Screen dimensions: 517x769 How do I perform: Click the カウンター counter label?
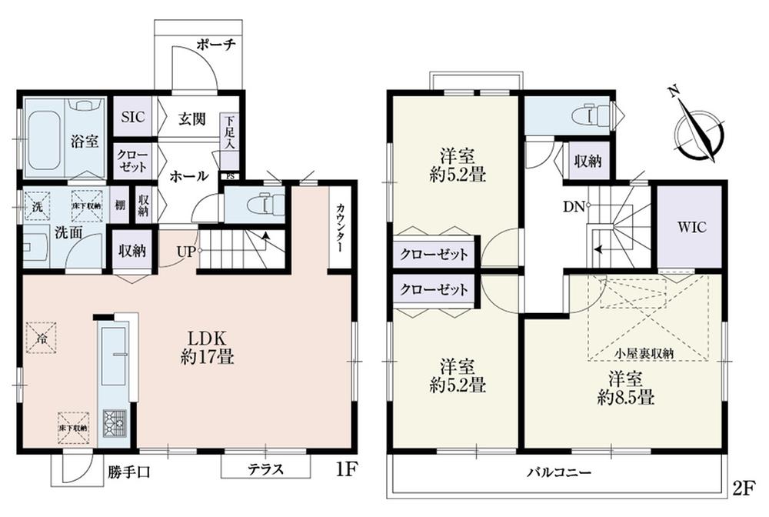pyautogui.click(x=339, y=229)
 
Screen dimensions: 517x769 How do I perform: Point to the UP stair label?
pyautogui.click(x=185, y=251)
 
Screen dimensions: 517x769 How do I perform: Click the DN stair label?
pyautogui.click(x=574, y=205)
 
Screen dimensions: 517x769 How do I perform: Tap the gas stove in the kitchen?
pyautogui.click(x=115, y=422)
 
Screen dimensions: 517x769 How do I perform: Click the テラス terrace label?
pyautogui.click(x=266, y=468)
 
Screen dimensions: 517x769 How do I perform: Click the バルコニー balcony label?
pyautogui.click(x=559, y=471)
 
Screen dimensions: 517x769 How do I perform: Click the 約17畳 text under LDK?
pyautogui.click(x=202, y=358)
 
